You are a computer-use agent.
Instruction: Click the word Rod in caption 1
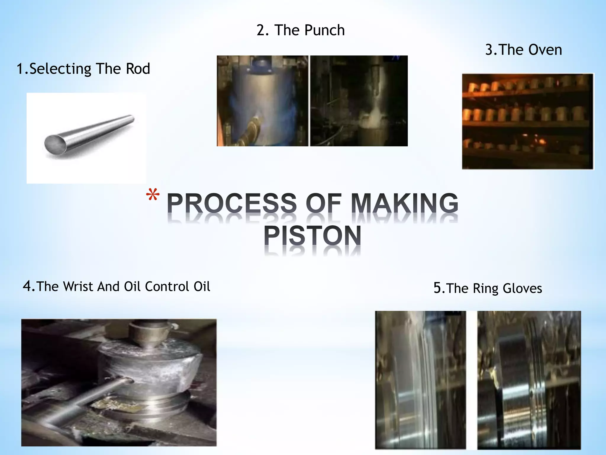tap(138, 69)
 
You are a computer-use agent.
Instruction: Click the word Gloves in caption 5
tap(522, 289)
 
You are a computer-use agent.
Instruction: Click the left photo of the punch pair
tap(262, 101)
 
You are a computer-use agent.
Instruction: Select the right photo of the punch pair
tap(359, 101)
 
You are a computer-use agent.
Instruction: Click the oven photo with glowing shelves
tap(528, 121)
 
